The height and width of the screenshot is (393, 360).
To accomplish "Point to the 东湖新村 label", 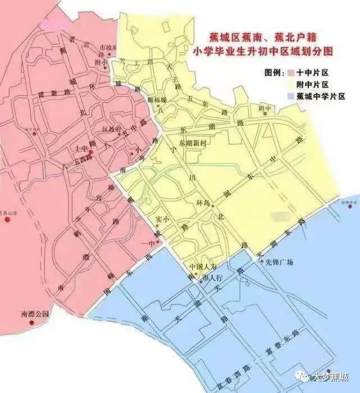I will click(193, 144).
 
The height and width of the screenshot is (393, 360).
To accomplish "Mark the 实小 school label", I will click(162, 218).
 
